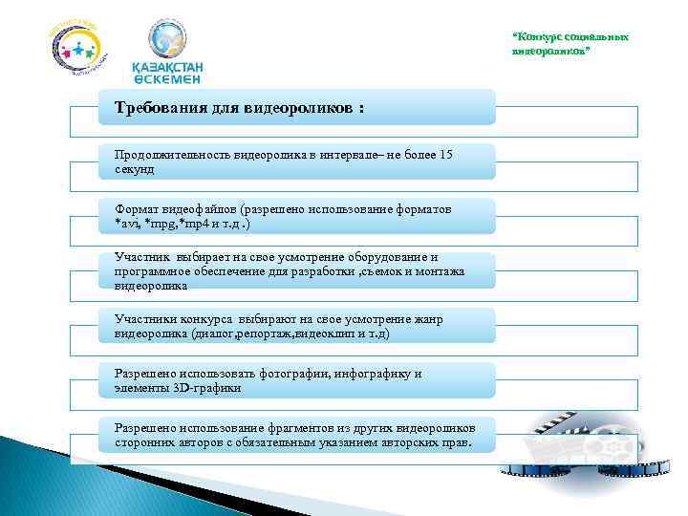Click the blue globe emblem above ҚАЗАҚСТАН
(167, 39)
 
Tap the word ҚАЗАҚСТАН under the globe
(167, 69)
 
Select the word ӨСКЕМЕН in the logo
(166, 81)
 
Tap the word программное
(151, 270)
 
